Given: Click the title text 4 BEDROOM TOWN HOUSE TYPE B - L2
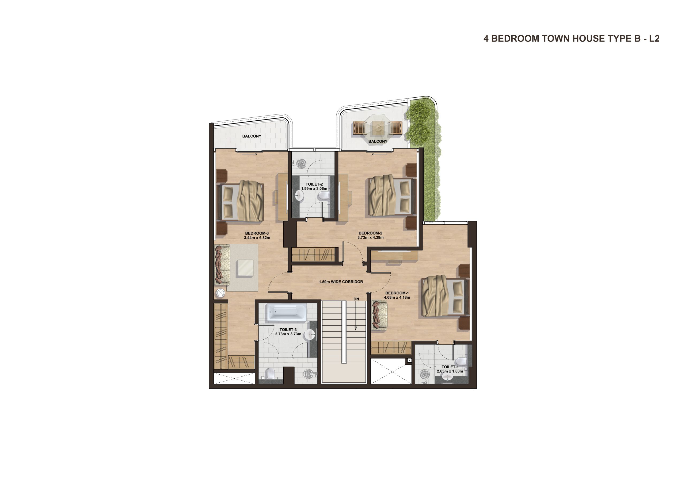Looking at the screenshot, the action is [x=571, y=39].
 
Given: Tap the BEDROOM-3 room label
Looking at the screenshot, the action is [x=257, y=233].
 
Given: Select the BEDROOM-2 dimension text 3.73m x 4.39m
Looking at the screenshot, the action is [x=371, y=238].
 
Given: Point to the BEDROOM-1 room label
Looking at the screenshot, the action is [x=397, y=293].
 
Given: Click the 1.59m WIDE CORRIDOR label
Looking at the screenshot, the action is [x=341, y=282].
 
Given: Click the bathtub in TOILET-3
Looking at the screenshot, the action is [x=286, y=312].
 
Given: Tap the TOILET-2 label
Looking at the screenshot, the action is [x=314, y=184].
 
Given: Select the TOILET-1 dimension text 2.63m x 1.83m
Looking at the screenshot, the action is [x=450, y=371].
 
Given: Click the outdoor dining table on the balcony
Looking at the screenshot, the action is [x=378, y=128].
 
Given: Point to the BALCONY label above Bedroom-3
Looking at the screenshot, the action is [x=252, y=136].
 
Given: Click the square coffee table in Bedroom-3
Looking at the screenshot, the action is [x=246, y=268].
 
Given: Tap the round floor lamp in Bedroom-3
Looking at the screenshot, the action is [x=220, y=293].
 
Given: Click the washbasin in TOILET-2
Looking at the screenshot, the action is [x=299, y=196].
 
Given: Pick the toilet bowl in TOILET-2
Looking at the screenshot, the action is [x=323, y=196].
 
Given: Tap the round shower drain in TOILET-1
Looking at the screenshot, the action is [x=425, y=374].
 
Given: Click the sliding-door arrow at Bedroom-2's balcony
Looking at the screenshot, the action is [x=379, y=154].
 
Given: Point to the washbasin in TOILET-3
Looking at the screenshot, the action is [x=310, y=335].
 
